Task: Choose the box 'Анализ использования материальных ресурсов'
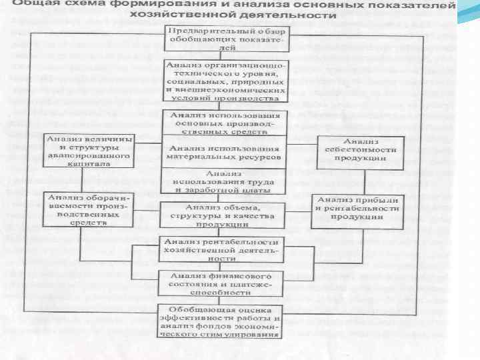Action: click(224, 151)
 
